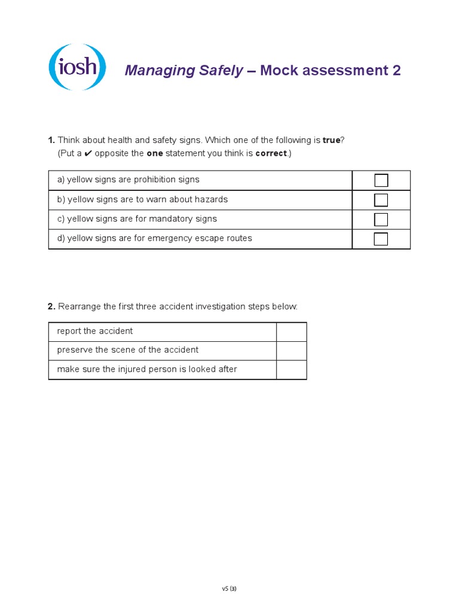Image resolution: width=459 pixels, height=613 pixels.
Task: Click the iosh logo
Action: click(77, 67)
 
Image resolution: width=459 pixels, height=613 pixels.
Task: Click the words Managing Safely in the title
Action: click(183, 71)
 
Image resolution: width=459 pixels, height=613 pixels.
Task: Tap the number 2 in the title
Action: click(396, 71)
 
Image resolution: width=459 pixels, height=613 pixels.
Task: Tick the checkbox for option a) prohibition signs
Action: click(381, 180)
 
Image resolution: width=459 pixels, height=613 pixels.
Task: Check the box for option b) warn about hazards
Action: click(381, 200)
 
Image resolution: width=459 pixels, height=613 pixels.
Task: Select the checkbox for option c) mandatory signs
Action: click(381, 219)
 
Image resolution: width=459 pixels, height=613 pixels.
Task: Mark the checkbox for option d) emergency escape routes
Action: click(381, 239)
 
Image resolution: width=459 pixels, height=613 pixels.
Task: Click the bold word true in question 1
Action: click(331, 140)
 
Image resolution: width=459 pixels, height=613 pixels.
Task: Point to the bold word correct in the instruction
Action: click(271, 153)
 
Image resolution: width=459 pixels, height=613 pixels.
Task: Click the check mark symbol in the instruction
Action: click(88, 153)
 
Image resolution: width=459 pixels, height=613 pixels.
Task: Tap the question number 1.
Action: click(51, 140)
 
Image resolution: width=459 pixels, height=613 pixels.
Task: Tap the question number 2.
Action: click(51, 306)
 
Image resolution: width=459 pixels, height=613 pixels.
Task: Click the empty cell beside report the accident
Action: click(291, 332)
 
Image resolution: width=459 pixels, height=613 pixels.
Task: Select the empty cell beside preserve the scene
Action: click(291, 350)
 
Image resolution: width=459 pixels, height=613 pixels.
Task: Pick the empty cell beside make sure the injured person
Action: click(291, 369)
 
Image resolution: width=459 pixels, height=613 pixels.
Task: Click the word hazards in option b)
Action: click(213, 199)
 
